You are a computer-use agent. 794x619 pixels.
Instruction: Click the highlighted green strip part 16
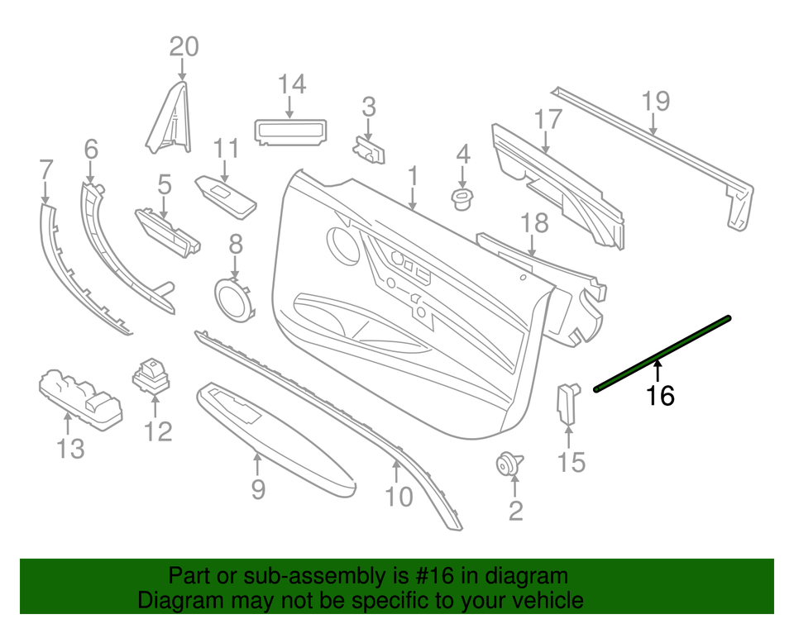[662, 353]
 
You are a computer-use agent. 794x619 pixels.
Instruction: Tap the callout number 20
[184, 46]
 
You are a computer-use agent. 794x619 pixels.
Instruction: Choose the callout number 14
[291, 84]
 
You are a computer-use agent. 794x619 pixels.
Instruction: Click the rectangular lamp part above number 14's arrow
[289, 131]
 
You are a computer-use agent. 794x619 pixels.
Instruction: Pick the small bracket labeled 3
[370, 150]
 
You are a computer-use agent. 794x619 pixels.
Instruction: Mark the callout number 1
[412, 176]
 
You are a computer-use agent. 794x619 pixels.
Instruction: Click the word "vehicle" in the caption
[543, 600]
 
